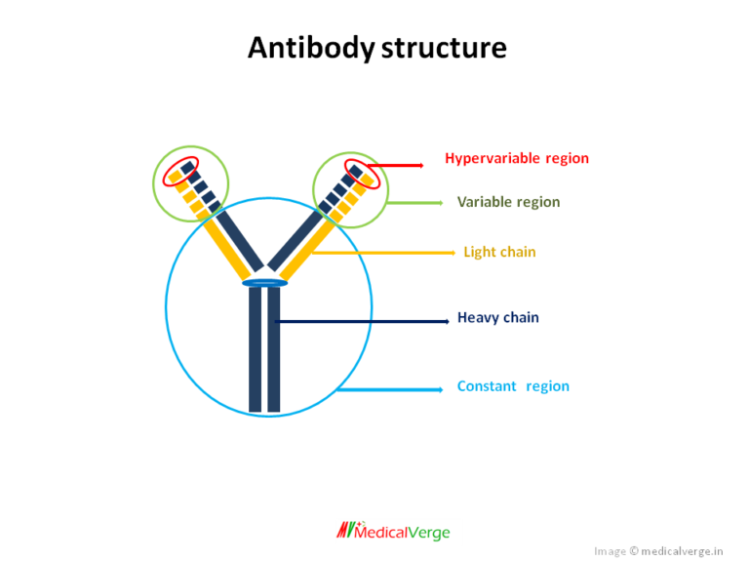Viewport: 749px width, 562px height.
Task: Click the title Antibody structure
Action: click(x=376, y=48)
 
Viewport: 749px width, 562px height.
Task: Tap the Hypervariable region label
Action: click(x=517, y=158)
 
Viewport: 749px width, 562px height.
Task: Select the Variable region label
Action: click(x=508, y=202)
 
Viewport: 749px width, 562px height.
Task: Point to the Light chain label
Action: click(x=499, y=252)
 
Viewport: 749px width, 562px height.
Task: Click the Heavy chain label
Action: click(x=497, y=317)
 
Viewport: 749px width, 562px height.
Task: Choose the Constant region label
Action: click(x=513, y=386)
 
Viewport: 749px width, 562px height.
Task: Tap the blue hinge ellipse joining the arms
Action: click(x=264, y=283)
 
